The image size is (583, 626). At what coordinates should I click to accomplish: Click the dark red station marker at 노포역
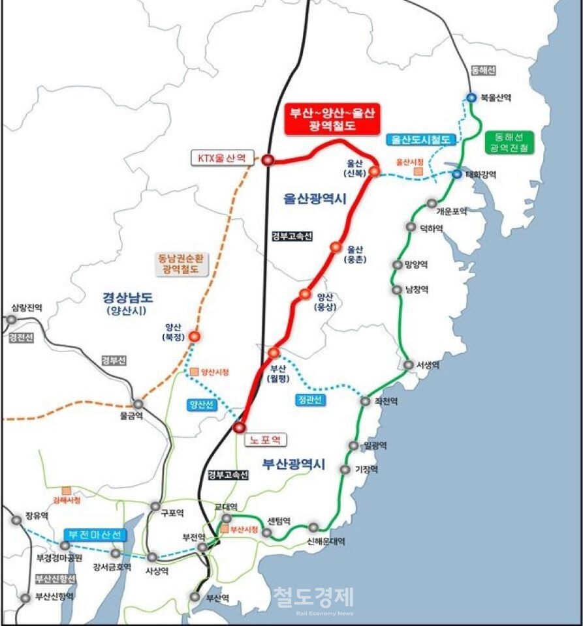[239, 428]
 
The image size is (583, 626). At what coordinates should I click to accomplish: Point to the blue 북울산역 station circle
[471, 98]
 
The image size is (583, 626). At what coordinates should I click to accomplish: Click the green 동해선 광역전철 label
[509, 142]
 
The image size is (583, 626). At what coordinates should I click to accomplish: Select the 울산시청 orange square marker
[418, 171]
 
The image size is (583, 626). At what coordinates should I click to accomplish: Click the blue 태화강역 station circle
[457, 174]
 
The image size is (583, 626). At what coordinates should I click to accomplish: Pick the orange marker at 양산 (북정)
[195, 336]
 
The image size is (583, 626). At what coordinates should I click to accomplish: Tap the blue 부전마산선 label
[94, 535]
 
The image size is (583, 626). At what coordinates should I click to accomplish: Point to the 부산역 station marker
[195, 596]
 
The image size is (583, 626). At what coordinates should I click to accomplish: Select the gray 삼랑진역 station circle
[11, 320]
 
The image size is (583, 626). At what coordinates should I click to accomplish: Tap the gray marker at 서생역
[408, 365]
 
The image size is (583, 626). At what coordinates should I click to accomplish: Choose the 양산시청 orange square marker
[195, 372]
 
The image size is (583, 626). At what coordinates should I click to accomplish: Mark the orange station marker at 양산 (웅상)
[304, 294]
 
